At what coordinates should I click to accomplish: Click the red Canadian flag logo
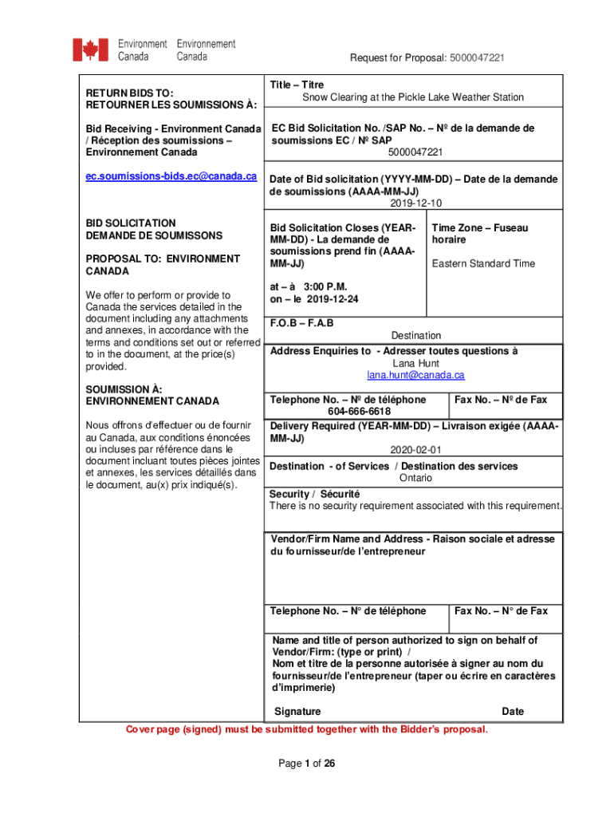pos(90,49)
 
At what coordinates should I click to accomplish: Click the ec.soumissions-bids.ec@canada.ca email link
pos(171,176)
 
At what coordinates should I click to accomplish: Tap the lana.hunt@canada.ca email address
pos(415,375)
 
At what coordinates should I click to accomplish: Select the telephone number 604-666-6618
pos(359,411)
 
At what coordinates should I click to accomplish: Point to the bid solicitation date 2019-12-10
pos(415,204)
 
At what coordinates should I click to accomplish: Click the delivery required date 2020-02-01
pos(415,450)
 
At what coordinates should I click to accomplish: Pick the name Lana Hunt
pos(415,363)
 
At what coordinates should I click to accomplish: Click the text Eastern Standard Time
pos(483,263)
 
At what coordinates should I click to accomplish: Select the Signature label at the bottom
pos(297,712)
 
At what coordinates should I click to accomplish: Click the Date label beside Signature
pos(513,712)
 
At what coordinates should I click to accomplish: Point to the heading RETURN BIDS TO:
pos(130,93)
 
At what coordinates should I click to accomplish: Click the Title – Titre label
pos(297,85)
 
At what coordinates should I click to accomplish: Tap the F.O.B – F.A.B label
pos(302,323)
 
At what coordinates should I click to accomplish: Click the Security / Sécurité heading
pos(314,494)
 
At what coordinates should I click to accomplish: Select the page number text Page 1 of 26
pos(306,764)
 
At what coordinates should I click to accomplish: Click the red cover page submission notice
pos(307,729)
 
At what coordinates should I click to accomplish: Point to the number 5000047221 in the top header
pos(477,58)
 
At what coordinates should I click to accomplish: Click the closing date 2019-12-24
pos(332,299)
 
